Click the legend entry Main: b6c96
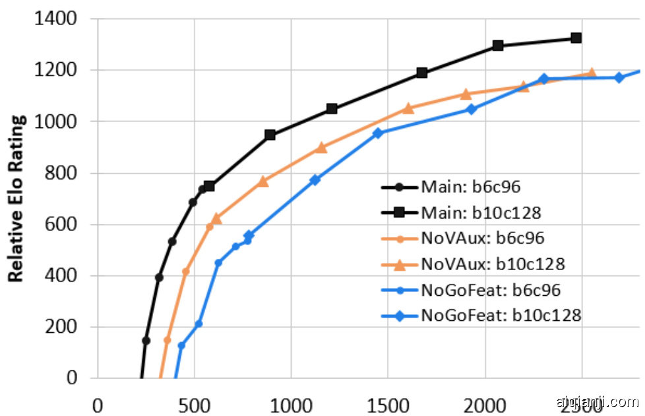tap(470, 187)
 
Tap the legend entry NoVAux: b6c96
tap(482, 238)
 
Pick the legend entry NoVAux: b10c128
tap(492, 264)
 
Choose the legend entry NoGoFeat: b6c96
tap(490, 289)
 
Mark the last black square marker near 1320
tap(576, 38)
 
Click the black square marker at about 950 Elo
tap(270, 135)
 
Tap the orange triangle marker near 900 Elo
tap(321, 148)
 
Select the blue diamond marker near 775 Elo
tap(315, 180)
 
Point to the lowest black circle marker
tap(146, 341)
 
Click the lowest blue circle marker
tap(181, 345)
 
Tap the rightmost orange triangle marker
tap(592, 73)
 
